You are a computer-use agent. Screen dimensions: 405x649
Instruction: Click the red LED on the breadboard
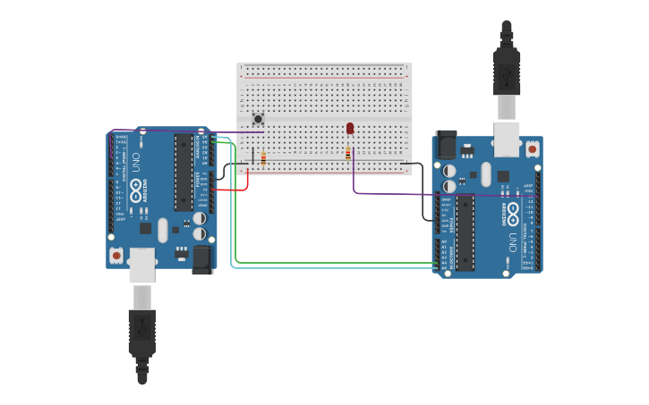pyautogui.click(x=350, y=129)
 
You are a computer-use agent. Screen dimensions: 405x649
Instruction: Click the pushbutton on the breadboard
pyautogui.click(x=258, y=119)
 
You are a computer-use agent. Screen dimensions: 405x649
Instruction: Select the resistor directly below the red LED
pyautogui.click(x=348, y=154)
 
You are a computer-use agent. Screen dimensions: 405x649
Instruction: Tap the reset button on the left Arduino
pyautogui.click(x=116, y=256)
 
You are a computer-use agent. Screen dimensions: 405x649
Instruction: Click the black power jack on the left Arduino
pyautogui.click(x=202, y=258)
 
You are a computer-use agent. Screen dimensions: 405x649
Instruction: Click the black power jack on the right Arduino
pyautogui.click(x=445, y=145)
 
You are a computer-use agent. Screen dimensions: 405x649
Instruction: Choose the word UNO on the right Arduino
pyautogui.click(x=512, y=241)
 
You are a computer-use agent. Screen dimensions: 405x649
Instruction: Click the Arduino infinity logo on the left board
pyautogui.click(x=137, y=190)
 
